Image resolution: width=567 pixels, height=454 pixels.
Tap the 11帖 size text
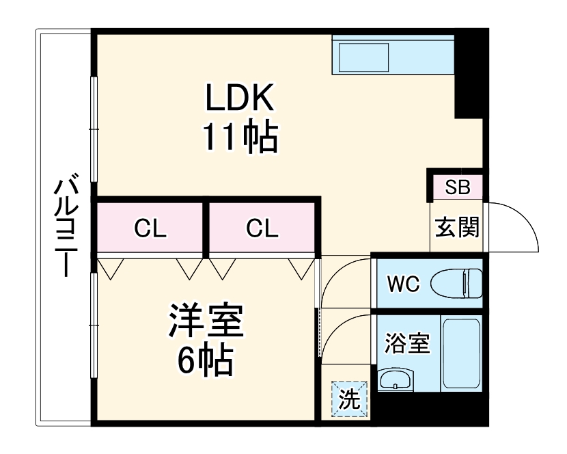tap(240, 137)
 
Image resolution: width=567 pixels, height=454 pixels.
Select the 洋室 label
tap(206, 320)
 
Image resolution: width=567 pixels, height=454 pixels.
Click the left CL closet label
tap(150, 228)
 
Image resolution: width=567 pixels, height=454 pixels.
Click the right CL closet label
tap(262, 228)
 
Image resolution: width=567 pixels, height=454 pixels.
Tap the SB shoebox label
tap(458, 187)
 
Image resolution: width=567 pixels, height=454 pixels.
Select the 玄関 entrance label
tap(457, 227)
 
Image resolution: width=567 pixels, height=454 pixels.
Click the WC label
tap(404, 284)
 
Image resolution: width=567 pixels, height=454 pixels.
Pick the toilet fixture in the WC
tap(456, 283)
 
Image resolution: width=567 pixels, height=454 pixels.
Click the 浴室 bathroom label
tap(407, 343)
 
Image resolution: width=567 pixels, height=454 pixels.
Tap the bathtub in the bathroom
tap(461, 353)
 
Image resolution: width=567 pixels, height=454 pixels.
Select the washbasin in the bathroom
tap(395, 380)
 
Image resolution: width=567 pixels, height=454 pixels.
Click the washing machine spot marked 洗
tap(349, 399)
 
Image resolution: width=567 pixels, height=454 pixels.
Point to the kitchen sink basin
tap(364, 57)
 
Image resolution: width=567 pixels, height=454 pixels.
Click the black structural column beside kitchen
tap(469, 75)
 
